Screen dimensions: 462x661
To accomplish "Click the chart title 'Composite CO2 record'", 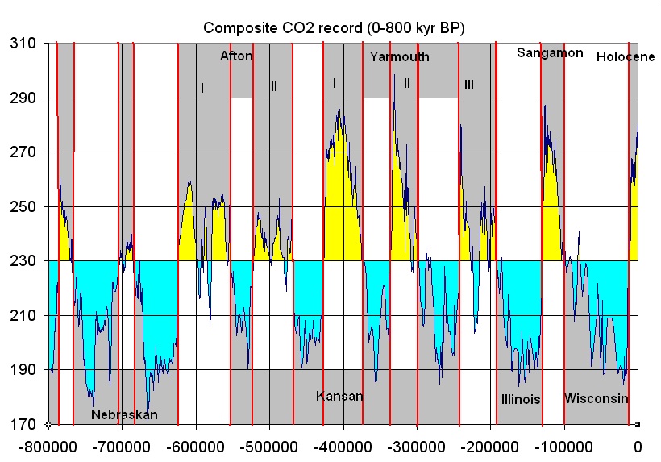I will tap(335, 27).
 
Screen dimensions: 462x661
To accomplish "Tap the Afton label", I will tap(236, 56).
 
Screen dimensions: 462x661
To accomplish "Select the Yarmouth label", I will tap(400, 57).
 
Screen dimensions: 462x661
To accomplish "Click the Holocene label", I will tap(617, 57).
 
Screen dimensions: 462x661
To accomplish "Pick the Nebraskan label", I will tap(124, 415).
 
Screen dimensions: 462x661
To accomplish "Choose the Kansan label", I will tap(339, 397).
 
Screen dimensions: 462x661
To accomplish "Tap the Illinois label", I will tap(521, 399).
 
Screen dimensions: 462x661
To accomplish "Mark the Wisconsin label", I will tap(596, 399).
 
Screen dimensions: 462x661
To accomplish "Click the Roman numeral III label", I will tap(469, 85).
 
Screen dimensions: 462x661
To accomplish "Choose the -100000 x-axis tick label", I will tap(563, 445).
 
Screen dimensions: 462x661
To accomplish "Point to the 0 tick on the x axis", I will tap(638, 445).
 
